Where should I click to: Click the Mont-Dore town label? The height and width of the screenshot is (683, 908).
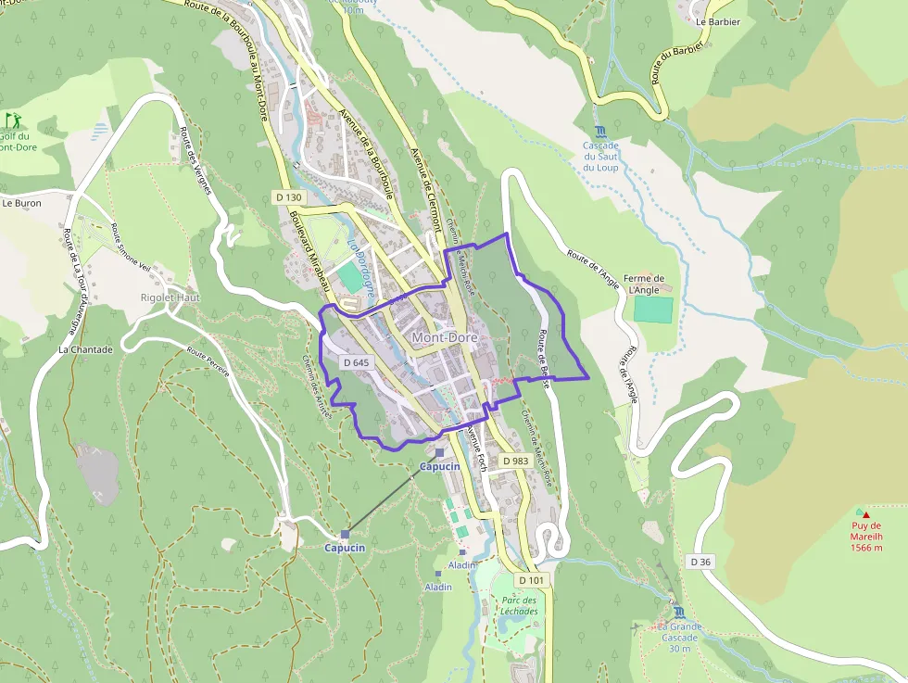[445, 337]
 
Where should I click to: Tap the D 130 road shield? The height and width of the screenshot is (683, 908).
[289, 197]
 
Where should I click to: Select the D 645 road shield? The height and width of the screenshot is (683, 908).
[356, 362]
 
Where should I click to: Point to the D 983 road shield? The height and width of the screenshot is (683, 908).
[515, 461]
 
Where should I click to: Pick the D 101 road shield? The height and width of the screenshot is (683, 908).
[533, 580]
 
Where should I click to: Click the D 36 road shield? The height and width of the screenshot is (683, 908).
[701, 562]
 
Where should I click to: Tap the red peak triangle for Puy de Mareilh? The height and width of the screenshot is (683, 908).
[865, 512]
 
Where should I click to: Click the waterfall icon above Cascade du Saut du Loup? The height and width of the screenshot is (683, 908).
[600, 131]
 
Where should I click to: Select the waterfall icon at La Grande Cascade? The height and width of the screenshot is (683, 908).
[680, 613]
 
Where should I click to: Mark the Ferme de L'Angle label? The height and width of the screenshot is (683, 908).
[645, 284]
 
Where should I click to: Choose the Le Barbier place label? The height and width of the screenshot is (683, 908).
[718, 21]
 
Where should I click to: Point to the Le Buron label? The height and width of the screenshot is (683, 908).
[21, 202]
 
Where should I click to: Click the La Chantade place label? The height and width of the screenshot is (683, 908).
[85, 349]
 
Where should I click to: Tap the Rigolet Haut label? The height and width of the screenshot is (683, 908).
[170, 297]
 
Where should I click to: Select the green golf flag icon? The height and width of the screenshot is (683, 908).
[13, 120]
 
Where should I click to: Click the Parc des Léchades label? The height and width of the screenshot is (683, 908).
[519, 605]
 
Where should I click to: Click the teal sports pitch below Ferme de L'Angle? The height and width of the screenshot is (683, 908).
[653, 310]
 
